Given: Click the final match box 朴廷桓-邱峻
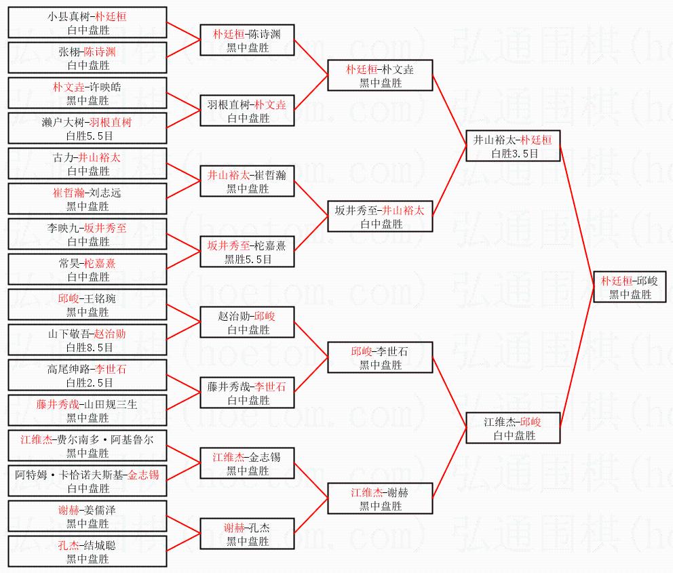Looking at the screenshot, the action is coord(630,287).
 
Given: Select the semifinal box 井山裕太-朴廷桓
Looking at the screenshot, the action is coord(513,146).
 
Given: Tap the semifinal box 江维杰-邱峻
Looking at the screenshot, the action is coord(513,428).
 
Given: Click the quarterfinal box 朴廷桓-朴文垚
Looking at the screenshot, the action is coord(380,75).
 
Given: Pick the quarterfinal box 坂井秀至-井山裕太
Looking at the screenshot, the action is coord(380,216).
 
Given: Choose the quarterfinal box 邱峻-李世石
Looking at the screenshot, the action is coord(380,357).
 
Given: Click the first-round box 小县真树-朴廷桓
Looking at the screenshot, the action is coord(88,23).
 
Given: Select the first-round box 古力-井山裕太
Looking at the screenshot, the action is coord(88,164).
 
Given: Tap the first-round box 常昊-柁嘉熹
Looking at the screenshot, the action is coord(88,269).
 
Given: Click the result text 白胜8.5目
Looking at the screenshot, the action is coord(90,347).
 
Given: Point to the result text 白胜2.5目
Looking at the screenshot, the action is coord(90,382).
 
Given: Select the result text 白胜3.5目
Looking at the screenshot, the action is coord(515,153).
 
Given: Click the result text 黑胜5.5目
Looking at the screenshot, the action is coord(248,259).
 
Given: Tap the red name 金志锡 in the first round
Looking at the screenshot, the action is coord(143,475).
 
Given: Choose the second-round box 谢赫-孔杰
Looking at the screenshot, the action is coord(247,534).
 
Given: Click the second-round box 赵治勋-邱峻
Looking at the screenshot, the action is coord(247,322).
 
